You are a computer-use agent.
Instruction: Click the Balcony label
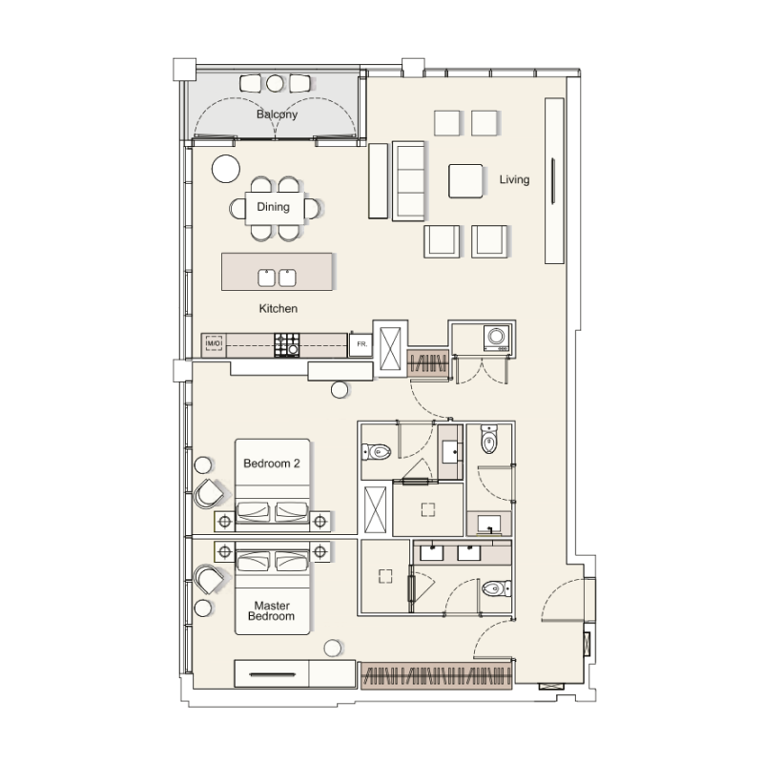pyautogui.click(x=277, y=114)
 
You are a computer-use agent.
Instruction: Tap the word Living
pyautogui.click(x=514, y=179)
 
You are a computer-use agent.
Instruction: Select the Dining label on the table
pyautogui.click(x=273, y=207)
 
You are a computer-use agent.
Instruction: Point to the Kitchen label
pyautogui.click(x=278, y=309)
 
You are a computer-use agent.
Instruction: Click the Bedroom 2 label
pyautogui.click(x=272, y=464)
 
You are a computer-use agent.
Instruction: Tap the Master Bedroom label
pyautogui.click(x=272, y=610)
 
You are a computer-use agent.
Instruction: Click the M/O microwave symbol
pyautogui.click(x=214, y=343)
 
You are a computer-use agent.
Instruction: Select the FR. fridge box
pyautogui.click(x=361, y=343)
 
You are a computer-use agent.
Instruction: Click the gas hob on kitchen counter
pyautogui.click(x=287, y=344)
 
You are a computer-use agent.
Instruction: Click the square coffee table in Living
pyautogui.click(x=466, y=180)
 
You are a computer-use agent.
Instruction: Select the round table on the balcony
pyautogui.click(x=276, y=83)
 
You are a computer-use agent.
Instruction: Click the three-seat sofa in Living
pyautogui.click(x=408, y=180)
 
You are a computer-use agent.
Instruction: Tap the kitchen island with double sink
pyautogui.click(x=278, y=272)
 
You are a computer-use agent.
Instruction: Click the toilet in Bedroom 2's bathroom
pyautogui.click(x=378, y=451)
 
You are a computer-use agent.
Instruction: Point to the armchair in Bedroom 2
pyautogui.click(x=209, y=492)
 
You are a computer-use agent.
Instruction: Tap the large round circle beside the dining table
pyautogui.click(x=226, y=168)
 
